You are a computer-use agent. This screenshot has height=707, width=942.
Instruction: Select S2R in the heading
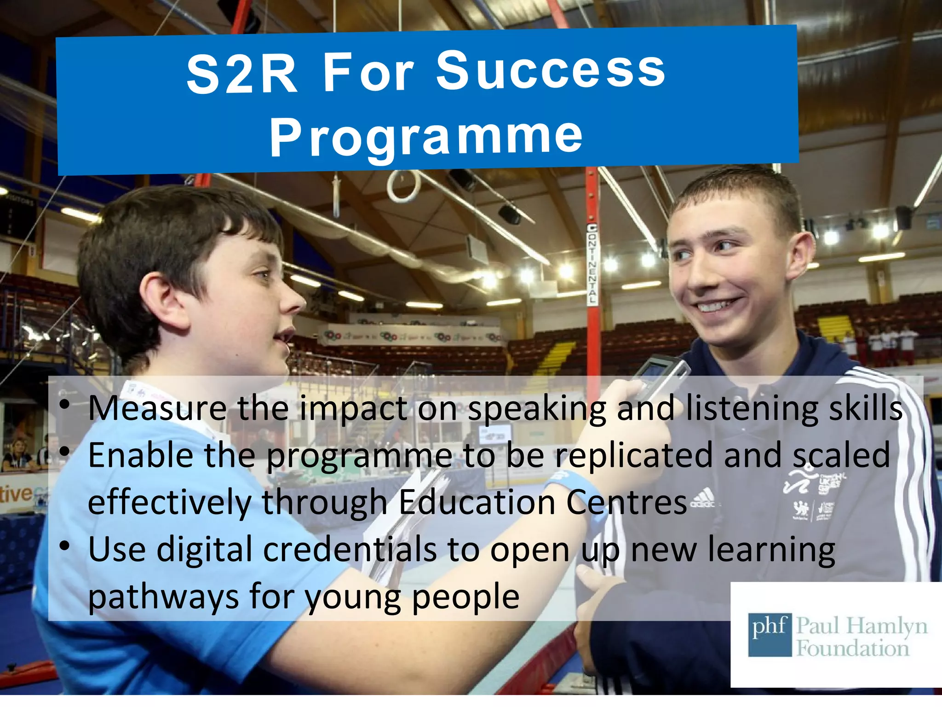tap(242, 74)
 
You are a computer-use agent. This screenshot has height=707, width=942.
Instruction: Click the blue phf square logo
tap(769, 635)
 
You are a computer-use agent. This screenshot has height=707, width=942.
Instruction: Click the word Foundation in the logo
tap(853, 649)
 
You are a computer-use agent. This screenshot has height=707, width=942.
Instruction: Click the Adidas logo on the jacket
tap(703, 498)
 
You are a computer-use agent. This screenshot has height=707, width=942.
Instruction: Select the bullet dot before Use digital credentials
tap(65, 546)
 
